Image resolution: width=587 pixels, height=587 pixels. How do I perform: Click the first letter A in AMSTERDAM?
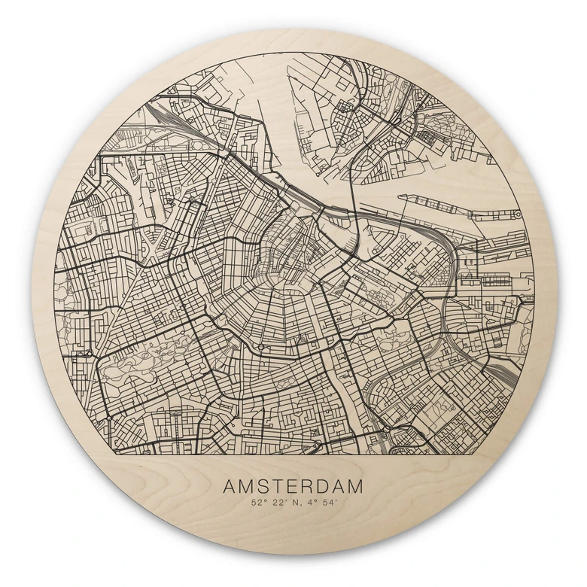229,487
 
